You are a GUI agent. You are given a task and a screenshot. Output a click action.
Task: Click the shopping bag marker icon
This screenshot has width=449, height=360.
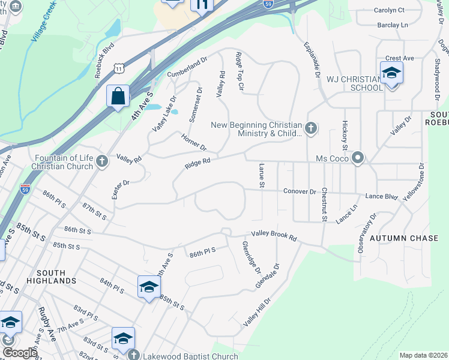pyautogui.click(x=118, y=95)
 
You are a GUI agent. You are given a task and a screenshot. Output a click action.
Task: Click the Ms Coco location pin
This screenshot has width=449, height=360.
pyautogui.click(x=358, y=158)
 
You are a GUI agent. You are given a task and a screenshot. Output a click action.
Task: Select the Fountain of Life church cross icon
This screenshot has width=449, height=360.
pyautogui.click(x=102, y=161)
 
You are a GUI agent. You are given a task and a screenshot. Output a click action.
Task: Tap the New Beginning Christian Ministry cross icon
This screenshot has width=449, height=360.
pyautogui.click(x=311, y=127)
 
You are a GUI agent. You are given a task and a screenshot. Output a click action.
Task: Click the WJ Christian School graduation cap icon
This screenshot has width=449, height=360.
pyautogui.click(x=391, y=73)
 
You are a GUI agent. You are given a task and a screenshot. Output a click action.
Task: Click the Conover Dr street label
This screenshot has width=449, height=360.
pyautogui.click(x=300, y=191)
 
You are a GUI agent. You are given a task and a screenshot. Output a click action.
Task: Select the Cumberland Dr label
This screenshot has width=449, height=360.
pyautogui.click(x=187, y=65)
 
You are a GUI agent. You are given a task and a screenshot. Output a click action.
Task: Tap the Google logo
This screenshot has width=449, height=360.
pyautogui.click(x=19, y=353)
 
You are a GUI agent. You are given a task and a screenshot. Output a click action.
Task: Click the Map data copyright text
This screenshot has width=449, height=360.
pyautogui.click(x=423, y=355)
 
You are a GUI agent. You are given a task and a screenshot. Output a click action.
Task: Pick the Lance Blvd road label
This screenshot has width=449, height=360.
pyautogui.click(x=381, y=196)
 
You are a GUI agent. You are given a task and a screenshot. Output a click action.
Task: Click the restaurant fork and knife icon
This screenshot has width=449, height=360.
pyautogui.click(x=202, y=5)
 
